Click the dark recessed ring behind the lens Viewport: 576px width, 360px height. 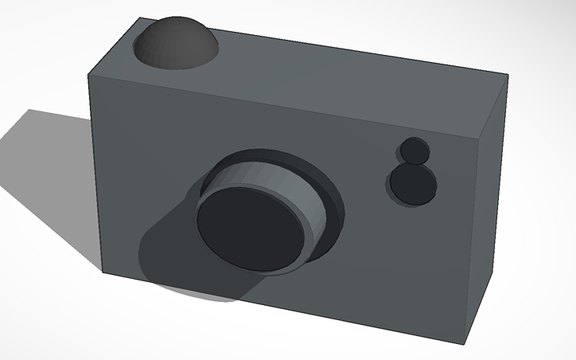tap(334, 199)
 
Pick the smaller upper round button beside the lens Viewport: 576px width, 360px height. tap(413, 150)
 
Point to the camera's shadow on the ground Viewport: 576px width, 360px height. tap(48, 183)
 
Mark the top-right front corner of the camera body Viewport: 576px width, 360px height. tap(483, 133)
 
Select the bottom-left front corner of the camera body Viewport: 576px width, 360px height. tap(102, 272)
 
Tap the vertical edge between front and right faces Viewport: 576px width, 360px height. tap(474, 238)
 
